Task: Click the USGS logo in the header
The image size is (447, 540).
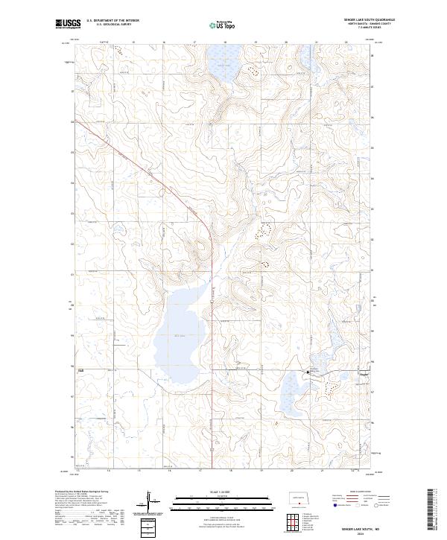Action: pos(68,24)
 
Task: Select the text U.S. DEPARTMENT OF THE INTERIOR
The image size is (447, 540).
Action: pos(112,21)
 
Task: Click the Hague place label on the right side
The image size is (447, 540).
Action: pos(364,374)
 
